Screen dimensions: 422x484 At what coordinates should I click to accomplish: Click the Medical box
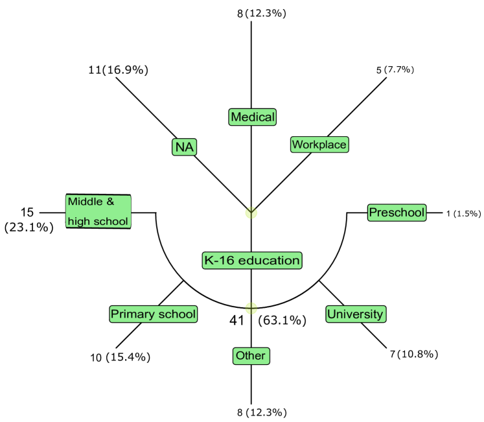pos(253,117)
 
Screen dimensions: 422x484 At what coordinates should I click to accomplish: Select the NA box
pos(185,147)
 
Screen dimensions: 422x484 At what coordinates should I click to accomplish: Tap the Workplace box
pos(319,144)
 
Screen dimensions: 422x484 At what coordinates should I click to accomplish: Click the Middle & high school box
pos(98,211)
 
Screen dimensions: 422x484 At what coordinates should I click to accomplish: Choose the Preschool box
pos(397,212)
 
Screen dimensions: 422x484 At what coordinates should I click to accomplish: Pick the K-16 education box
pos(251,261)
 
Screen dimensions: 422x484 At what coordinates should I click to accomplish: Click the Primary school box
pos(153,314)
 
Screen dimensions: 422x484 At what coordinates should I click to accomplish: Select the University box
pos(355,314)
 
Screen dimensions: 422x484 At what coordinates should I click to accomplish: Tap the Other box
pos(250,356)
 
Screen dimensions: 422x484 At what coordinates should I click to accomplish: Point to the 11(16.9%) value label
pos(119,70)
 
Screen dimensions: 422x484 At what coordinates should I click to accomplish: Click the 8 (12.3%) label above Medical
pos(262,12)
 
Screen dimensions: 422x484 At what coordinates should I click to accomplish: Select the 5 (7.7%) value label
pos(395,69)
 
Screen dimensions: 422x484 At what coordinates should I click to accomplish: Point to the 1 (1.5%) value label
pos(463,213)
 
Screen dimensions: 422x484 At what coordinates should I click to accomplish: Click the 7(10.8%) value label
pos(415,354)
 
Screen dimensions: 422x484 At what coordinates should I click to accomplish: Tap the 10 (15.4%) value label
pos(121,357)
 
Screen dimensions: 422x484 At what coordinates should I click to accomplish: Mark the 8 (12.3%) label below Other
pos(262,412)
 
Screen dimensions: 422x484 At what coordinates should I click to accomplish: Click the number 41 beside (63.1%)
pos(238,320)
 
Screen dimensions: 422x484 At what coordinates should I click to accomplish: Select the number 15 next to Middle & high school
pos(27,212)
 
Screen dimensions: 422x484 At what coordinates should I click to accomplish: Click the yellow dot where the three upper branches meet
pos(251,213)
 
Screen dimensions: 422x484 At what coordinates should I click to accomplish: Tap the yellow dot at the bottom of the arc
pos(251,308)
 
